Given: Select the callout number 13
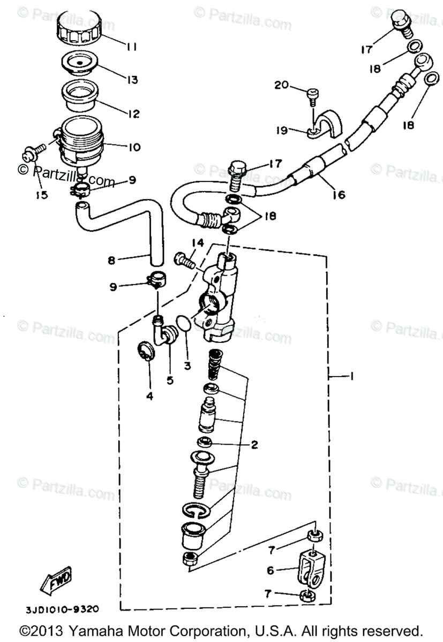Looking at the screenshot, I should tap(131, 80).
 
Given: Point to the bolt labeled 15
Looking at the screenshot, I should tap(30, 154).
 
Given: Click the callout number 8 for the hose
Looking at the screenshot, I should tap(111, 261).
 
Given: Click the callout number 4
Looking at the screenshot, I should tap(150, 396).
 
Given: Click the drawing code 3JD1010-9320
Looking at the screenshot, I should tap(62, 608).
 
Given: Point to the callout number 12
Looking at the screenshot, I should tap(132, 114).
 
